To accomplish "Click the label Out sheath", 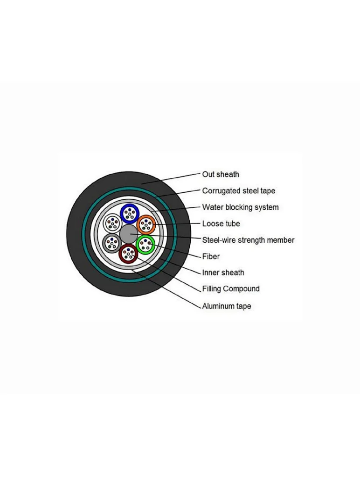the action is coord(221,174).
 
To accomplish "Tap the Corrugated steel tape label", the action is coord(239,191).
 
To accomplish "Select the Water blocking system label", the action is coord(241,207).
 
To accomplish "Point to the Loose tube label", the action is coord(221,224).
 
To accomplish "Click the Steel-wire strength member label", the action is coord(249,240).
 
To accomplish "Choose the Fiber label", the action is coord(211,256).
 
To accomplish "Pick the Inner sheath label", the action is coord(223,273).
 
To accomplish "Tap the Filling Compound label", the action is coord(231,289).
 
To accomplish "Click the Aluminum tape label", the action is coord(227,306).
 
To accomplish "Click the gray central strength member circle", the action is coord(129,234).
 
